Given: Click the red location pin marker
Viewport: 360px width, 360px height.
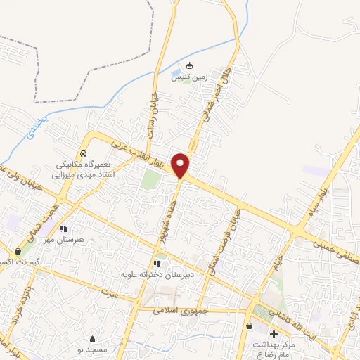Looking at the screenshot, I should click(x=181, y=165).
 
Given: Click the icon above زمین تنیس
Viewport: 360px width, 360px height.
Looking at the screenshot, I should click(x=189, y=67).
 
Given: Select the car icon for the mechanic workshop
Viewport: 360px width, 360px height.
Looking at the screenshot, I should click(x=84, y=153).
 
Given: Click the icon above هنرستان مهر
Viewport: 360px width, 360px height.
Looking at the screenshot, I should click(x=63, y=229).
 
